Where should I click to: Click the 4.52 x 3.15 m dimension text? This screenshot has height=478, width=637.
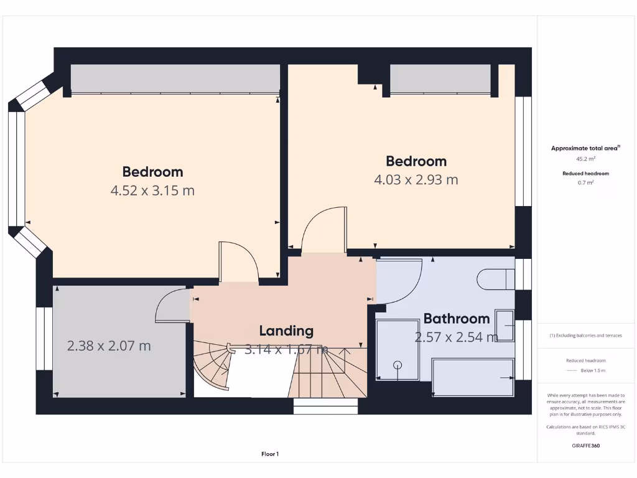click(152, 190)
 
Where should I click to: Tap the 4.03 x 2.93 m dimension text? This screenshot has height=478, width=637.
click(416, 180)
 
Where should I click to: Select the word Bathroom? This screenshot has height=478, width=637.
click(456, 319)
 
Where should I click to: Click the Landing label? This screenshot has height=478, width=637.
click(286, 330)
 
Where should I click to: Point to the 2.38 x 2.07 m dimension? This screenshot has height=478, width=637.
click(109, 345)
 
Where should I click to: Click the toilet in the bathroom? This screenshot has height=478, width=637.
click(495, 279)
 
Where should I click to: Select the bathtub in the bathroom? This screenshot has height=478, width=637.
click(473, 377)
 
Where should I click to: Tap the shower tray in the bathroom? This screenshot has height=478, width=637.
click(398, 349)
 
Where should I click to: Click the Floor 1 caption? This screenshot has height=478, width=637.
click(270, 454)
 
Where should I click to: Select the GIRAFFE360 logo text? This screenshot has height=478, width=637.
click(585, 446)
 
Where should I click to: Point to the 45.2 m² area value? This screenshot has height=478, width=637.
click(585, 158)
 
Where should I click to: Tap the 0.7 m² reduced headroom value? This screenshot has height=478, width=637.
click(585, 183)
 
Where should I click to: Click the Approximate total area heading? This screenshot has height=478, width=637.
click(585, 148)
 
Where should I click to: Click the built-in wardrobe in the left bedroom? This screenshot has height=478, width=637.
click(174, 78)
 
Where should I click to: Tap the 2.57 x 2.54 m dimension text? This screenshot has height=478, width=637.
click(456, 337)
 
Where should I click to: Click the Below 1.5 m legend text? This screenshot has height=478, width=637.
click(593, 370)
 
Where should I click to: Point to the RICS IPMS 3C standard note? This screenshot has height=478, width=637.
click(585, 429)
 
